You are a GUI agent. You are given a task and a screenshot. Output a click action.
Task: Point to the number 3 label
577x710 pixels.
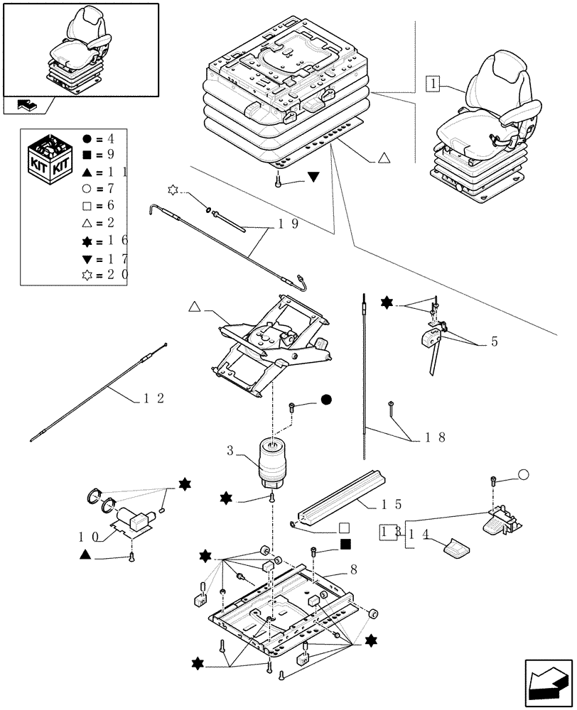point(230,451)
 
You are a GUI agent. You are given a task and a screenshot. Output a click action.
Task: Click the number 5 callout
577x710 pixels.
point(493,342)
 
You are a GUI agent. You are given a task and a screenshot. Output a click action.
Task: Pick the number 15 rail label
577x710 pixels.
point(392,505)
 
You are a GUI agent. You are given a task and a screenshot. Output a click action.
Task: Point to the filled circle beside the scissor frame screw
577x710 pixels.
point(326,400)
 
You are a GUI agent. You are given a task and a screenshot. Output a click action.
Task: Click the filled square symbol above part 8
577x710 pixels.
point(345,545)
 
